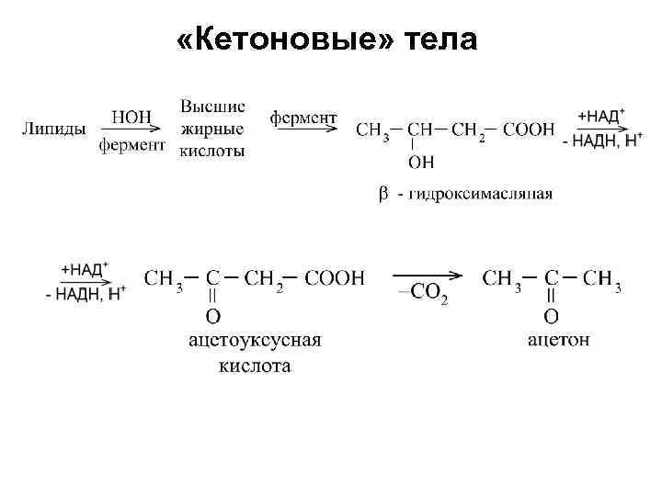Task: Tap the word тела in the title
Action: tap(439, 41)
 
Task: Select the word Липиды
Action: tap(53, 130)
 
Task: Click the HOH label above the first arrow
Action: tap(131, 118)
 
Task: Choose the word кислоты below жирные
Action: tap(212, 151)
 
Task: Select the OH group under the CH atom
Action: tap(421, 163)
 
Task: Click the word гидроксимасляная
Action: tap(481, 194)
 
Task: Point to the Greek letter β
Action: tap(384, 194)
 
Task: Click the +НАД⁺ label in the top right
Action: tap(602, 116)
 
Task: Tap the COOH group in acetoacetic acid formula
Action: tap(335, 278)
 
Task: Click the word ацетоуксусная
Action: tap(255, 341)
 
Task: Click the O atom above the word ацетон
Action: tap(551, 317)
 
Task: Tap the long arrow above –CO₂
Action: tap(427, 275)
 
